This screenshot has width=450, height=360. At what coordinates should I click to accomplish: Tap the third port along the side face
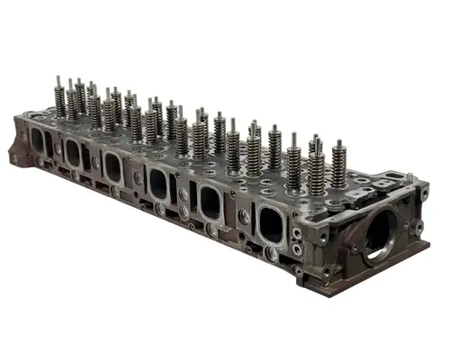click(x=112, y=166)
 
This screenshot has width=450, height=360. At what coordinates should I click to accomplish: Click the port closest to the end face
click(x=271, y=221)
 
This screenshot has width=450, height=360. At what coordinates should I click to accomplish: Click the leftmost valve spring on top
click(x=60, y=103)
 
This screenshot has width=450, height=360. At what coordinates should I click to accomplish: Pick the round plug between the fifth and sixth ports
click(x=243, y=216)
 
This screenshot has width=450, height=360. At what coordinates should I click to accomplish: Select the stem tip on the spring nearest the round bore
click(x=337, y=143)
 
